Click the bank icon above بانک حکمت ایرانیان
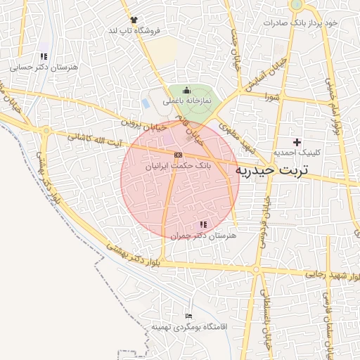(x=179, y=154)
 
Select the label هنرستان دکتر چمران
(x=204, y=236)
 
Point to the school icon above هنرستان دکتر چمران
(x=204, y=224)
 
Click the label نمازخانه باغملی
(x=187, y=101)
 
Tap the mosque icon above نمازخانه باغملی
(x=186, y=89)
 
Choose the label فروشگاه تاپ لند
(x=134, y=32)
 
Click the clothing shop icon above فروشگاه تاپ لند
(x=134, y=20)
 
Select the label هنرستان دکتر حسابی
(x=44, y=67)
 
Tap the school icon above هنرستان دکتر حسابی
(x=44, y=56)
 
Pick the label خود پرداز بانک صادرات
(x=301, y=22)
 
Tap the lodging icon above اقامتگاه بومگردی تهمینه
(x=188, y=316)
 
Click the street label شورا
(x=273, y=97)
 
